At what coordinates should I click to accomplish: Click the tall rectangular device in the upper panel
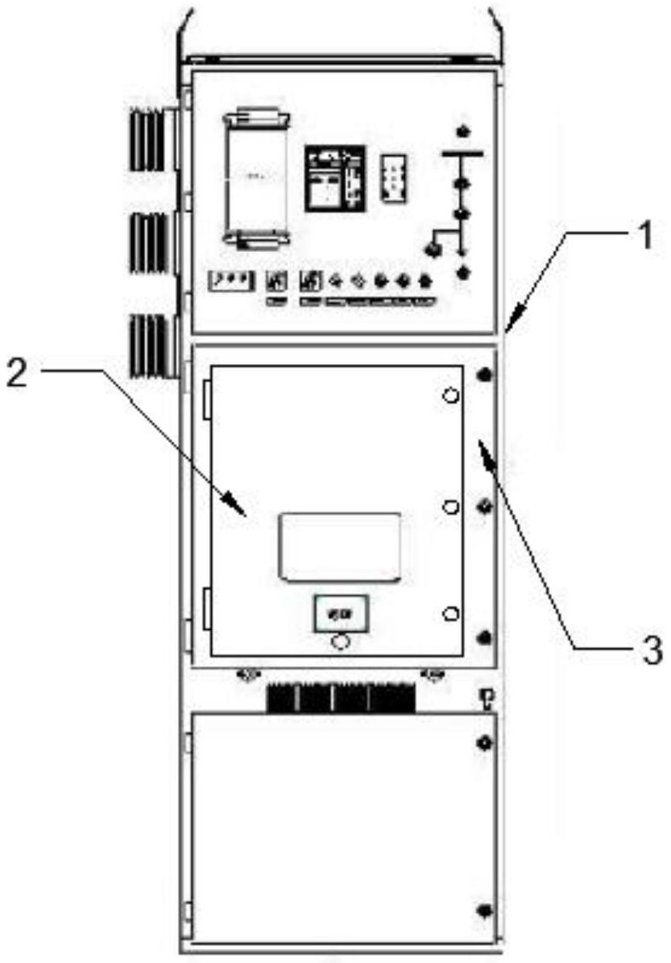[255, 179]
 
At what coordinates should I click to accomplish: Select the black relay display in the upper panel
[333, 178]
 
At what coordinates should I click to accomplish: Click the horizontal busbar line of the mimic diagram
[463, 154]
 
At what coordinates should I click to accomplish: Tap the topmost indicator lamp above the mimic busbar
[463, 129]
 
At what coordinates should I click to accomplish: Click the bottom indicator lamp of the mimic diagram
[464, 272]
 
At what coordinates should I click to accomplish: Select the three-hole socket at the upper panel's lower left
[232, 280]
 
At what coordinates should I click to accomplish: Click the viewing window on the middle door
[340, 546]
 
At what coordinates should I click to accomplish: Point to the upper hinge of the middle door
[206, 397]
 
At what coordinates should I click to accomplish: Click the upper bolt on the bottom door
[485, 744]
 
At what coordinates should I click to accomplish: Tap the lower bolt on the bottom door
[485, 910]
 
